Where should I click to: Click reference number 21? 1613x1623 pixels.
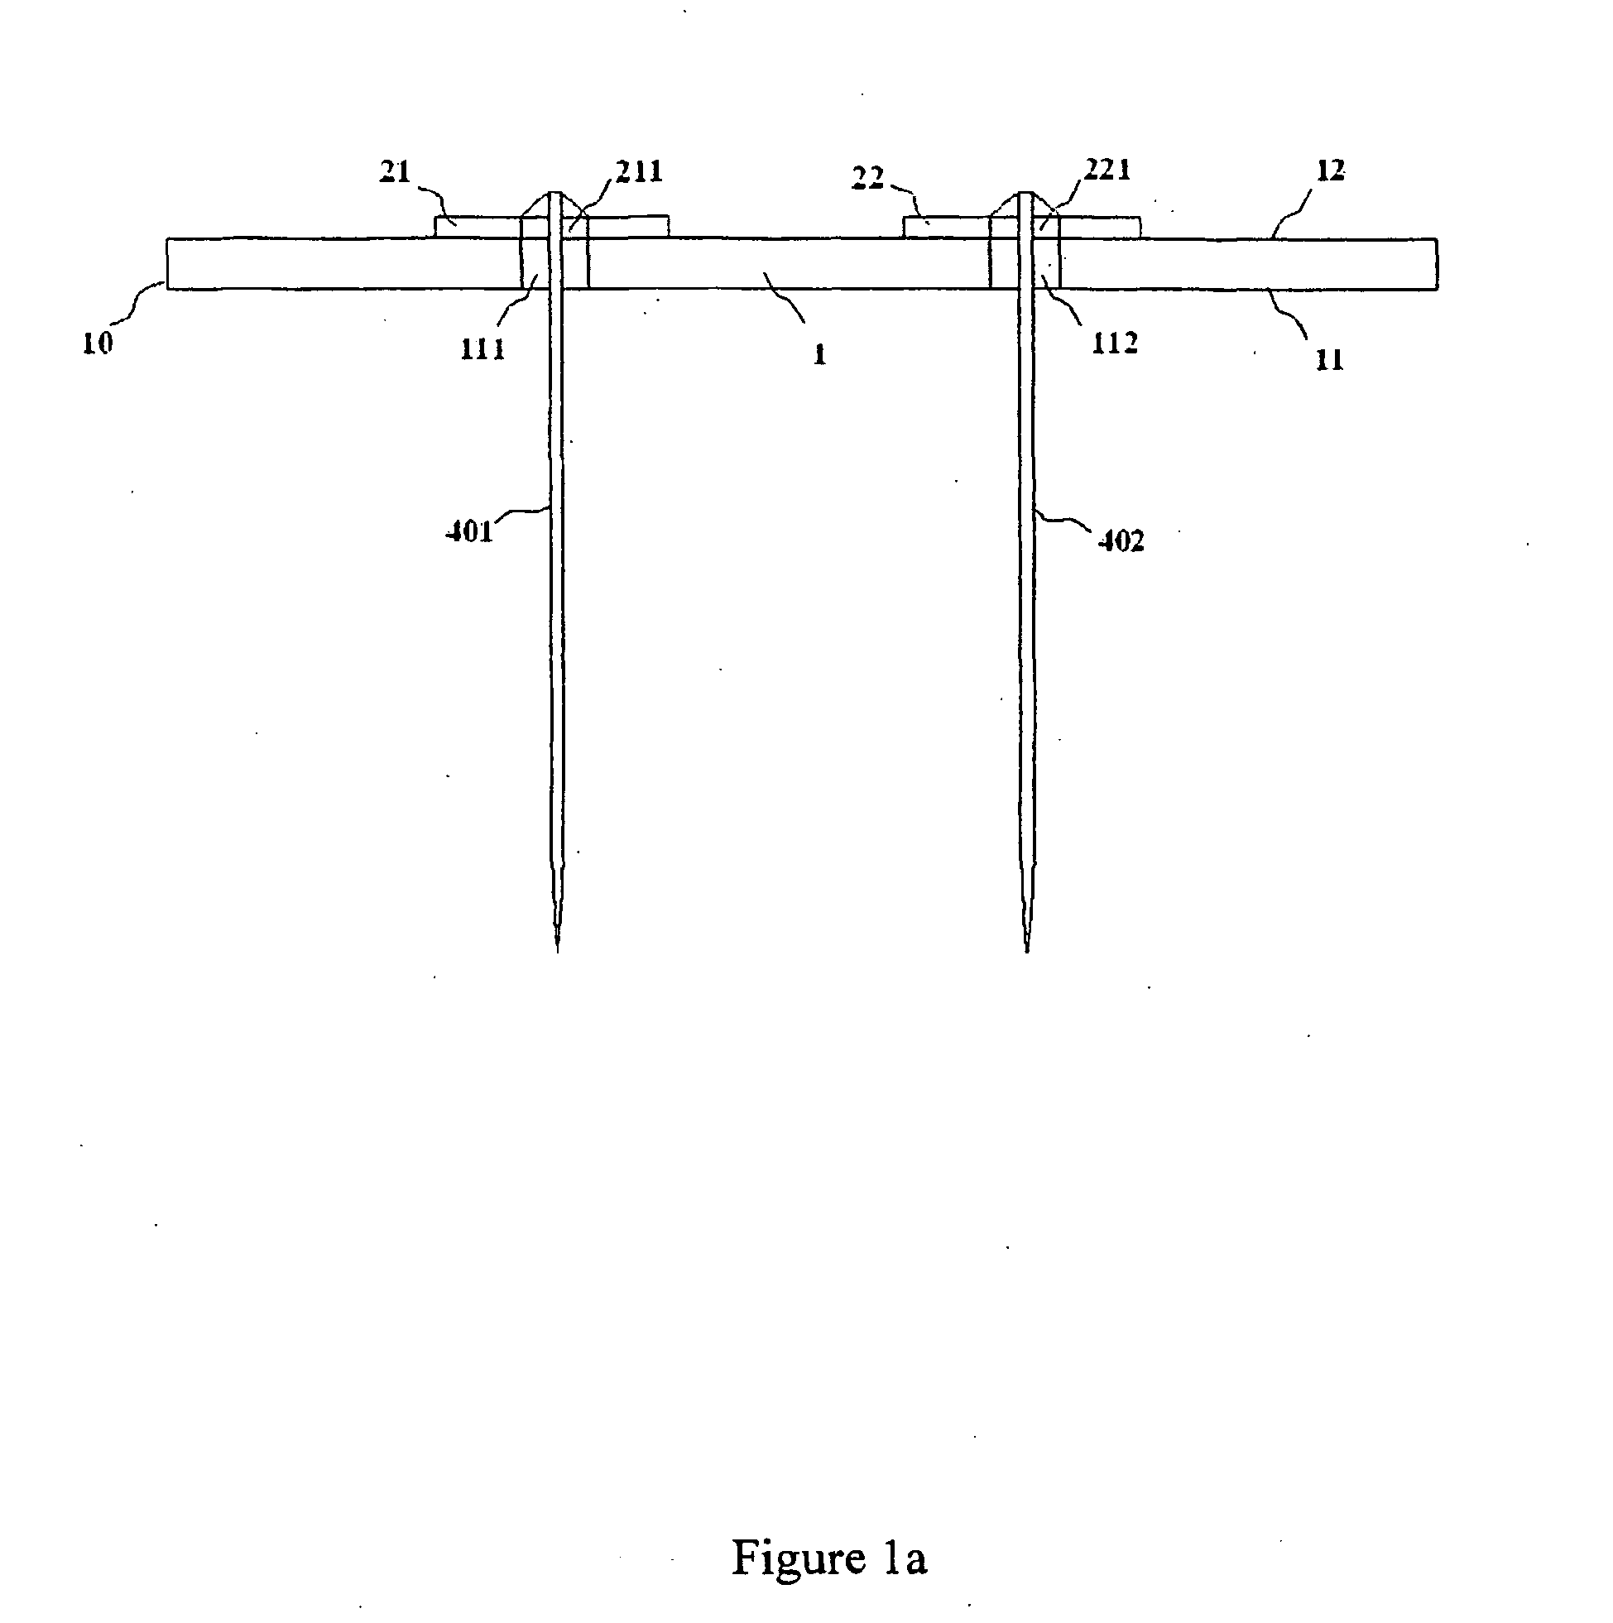click(395, 172)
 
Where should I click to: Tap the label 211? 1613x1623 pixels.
click(639, 171)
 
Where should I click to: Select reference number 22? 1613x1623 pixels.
click(868, 178)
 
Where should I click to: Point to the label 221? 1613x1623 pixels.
click(1107, 170)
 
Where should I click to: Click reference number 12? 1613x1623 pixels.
click(1331, 170)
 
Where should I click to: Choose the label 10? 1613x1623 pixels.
click(98, 343)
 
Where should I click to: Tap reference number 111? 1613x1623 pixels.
click(482, 348)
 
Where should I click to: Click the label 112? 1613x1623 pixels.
click(1114, 343)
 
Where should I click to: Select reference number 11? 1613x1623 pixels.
click(1329, 359)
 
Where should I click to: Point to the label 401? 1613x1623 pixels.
click(468, 532)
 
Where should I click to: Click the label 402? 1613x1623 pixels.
click(1121, 541)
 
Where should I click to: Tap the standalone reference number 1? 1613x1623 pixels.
click(820, 353)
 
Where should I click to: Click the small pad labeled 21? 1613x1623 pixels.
click(479, 227)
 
